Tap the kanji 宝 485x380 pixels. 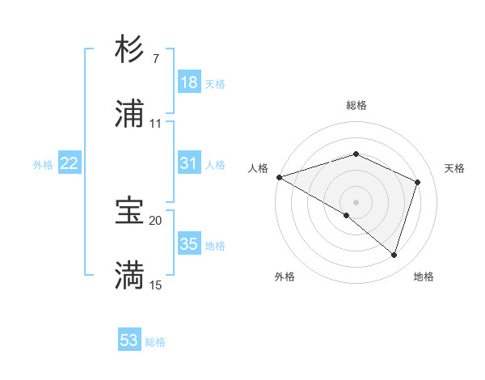point(129,211)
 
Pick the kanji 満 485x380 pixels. point(129,276)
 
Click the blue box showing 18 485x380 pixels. point(189,82)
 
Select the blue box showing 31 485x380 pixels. point(189,163)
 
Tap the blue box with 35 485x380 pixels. point(189,244)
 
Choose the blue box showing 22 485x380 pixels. point(70,163)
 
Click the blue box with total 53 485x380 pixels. point(129,340)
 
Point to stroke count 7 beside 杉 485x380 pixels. point(155,59)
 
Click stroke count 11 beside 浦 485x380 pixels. point(155,124)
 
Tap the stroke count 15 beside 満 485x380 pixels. point(155,285)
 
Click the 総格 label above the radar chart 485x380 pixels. point(356,105)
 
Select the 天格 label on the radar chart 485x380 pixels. point(454,168)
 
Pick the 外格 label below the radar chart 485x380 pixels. point(285,277)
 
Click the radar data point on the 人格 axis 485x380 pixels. point(279,177)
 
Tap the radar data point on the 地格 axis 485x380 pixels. point(394,255)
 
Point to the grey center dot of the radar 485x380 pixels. point(356,201)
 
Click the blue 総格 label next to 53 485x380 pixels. point(155,342)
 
